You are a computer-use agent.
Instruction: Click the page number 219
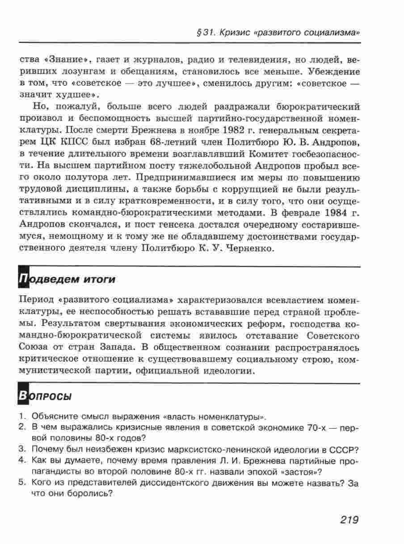tap(349, 519)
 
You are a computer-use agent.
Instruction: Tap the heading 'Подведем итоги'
tap(67, 279)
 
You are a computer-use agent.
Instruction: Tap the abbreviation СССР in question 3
tap(346, 449)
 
